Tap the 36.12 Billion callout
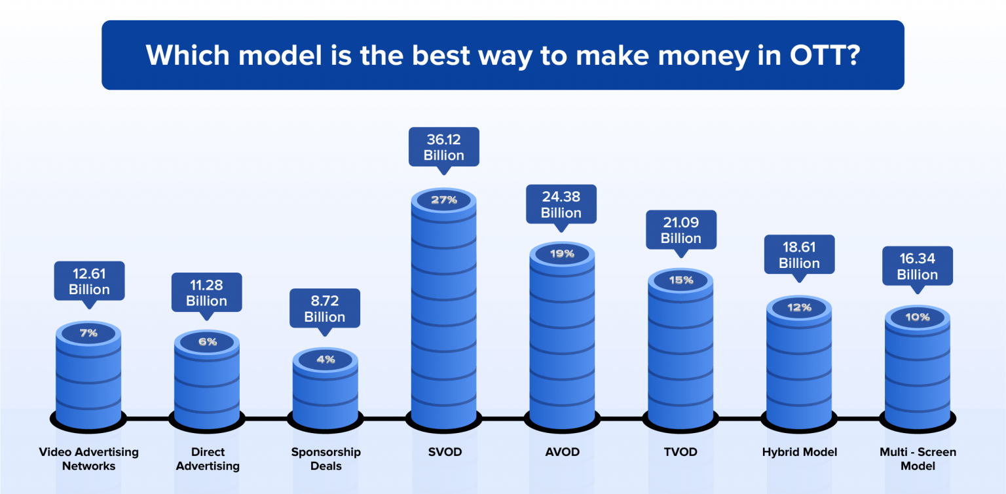point(444,147)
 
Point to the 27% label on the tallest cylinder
point(444,200)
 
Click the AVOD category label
point(561,452)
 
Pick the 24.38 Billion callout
point(561,204)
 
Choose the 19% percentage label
point(562,254)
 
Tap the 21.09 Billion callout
point(681,230)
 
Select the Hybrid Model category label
point(800,452)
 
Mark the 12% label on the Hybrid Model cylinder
point(799,307)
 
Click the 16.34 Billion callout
point(917,266)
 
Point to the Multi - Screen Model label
point(918,459)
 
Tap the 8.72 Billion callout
point(325,309)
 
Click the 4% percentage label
point(326,359)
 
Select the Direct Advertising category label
point(208,459)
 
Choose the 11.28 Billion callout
point(206,293)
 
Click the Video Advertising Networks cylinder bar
point(88,380)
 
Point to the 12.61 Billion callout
point(89,282)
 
